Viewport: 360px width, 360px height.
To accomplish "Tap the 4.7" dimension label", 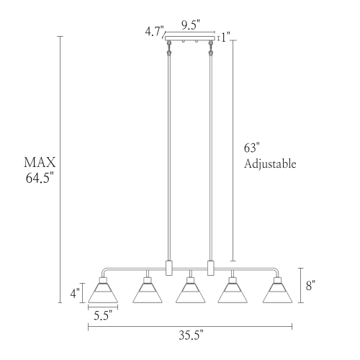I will (x=154, y=31).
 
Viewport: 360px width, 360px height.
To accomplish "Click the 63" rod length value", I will (x=251, y=148).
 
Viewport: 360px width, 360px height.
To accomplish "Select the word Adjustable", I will (x=270, y=164).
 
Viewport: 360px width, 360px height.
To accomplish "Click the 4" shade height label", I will (x=73, y=293).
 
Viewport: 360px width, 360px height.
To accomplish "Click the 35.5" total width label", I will (x=189, y=335).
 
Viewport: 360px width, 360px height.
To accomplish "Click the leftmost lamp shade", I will (x=103, y=293).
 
